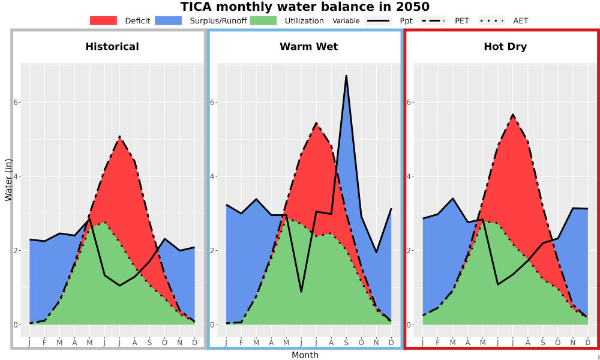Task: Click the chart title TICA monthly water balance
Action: click(305, 7)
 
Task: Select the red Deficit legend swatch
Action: click(103, 20)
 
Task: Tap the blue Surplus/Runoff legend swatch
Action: click(169, 20)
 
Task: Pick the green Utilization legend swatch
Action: click(263, 20)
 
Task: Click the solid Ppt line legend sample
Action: click(378, 20)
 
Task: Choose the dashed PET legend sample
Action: click(433, 20)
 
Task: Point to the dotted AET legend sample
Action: click(491, 20)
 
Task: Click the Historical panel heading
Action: click(112, 47)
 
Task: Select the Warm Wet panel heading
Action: click(309, 47)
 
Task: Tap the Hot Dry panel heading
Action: click(505, 47)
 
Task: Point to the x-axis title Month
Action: click(305, 355)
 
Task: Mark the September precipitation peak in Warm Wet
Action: click(346, 76)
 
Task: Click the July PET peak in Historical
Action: click(119, 136)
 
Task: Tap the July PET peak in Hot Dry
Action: click(513, 114)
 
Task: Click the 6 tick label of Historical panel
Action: click(16, 102)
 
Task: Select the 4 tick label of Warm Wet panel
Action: click(213, 176)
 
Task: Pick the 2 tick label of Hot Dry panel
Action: click(409, 251)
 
